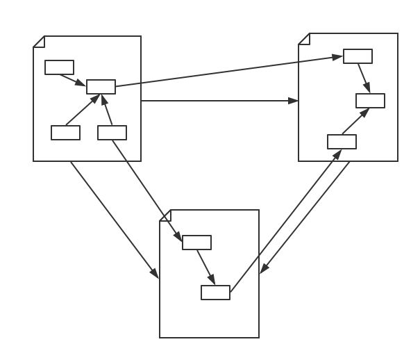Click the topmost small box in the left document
click(x=59, y=67)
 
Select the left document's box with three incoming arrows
click(x=101, y=87)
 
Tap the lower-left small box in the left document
click(x=65, y=133)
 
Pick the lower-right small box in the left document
click(x=112, y=133)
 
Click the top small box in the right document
click(x=358, y=56)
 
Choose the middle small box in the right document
click(x=370, y=101)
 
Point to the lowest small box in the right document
click(x=342, y=142)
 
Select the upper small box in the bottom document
click(x=196, y=243)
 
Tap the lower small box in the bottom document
click(x=215, y=293)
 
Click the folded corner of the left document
click(x=39, y=42)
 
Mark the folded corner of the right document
click(x=304, y=39)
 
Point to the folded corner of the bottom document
click(x=165, y=215)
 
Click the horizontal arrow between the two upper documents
click(x=219, y=101)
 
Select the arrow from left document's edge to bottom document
click(x=115, y=220)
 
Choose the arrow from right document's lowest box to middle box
click(x=355, y=122)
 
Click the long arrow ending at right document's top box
click(x=229, y=72)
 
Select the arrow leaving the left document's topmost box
click(x=72, y=79)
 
